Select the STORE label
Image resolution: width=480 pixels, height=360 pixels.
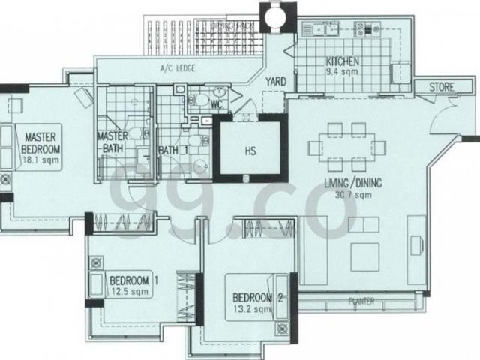pos(441,87)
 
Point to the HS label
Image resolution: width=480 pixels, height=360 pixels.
pos(250,151)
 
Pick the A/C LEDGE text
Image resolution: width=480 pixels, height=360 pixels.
pos(178,68)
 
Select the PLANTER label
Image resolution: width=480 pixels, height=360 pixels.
pos(361,303)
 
